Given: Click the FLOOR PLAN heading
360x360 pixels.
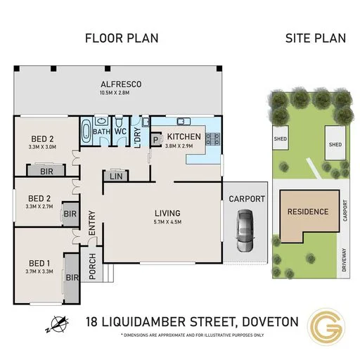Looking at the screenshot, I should [121, 38].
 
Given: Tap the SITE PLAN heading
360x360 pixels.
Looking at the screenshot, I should [315, 38].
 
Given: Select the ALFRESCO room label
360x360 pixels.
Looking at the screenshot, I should [121, 85].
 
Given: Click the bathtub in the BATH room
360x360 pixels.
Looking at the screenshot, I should [86, 132].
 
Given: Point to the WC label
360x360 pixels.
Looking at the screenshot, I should [120, 131].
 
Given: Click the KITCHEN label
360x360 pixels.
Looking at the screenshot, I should [184, 136].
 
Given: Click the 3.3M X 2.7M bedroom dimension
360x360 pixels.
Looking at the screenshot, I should [39, 208].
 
